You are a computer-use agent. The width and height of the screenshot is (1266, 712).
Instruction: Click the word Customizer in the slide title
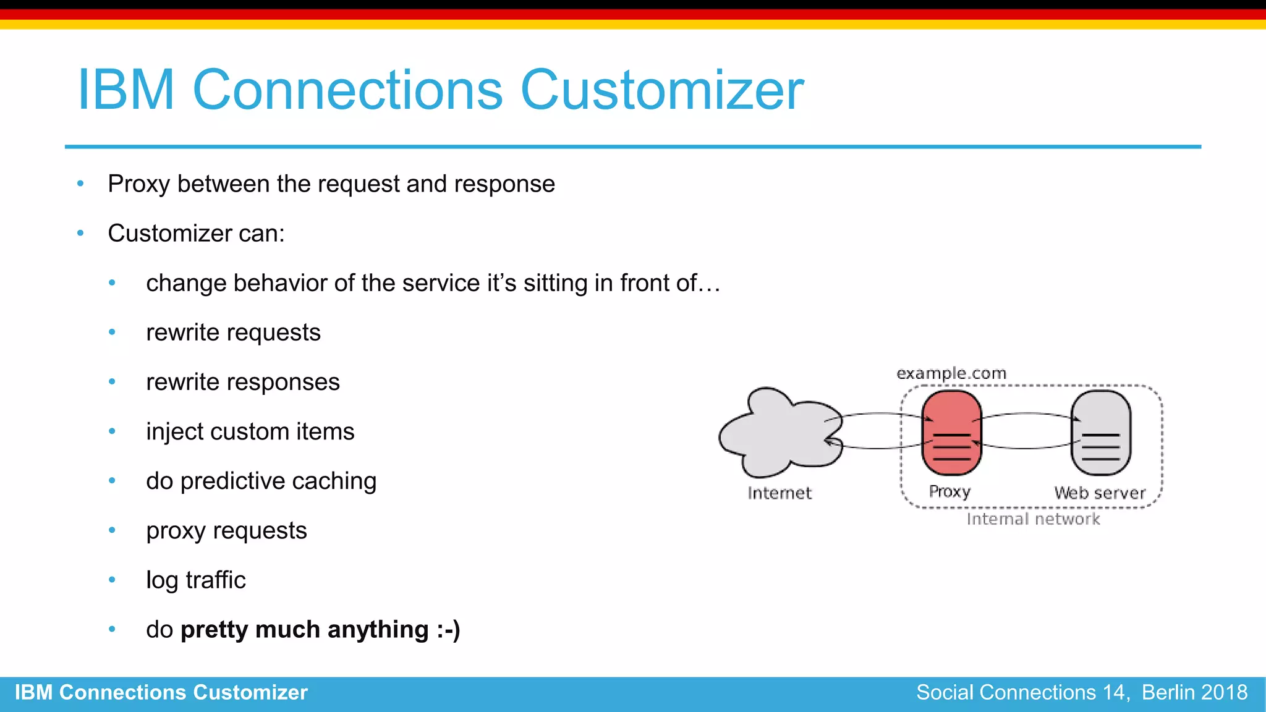coord(661,90)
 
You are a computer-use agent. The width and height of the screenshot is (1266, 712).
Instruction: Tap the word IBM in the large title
coord(126,90)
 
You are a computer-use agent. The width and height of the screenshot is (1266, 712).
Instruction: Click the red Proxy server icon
coord(951,433)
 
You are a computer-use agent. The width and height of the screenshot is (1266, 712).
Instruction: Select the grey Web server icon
coord(1100,433)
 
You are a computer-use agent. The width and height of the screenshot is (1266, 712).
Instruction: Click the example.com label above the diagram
coord(951,373)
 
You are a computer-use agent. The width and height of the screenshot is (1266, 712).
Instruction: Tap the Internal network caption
coord(1033,519)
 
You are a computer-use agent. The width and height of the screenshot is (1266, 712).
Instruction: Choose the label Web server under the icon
coord(1100,493)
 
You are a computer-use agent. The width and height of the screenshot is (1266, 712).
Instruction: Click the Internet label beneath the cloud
coord(779,493)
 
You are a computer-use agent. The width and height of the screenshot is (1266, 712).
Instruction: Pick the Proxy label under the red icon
coord(949,492)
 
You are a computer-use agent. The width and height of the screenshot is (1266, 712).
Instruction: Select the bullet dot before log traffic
coord(112,580)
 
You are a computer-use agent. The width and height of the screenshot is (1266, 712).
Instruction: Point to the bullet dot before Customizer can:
coord(80,233)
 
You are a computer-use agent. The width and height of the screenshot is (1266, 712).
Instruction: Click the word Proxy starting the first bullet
coord(138,184)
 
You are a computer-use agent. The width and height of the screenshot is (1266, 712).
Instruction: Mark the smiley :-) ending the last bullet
coord(448,630)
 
